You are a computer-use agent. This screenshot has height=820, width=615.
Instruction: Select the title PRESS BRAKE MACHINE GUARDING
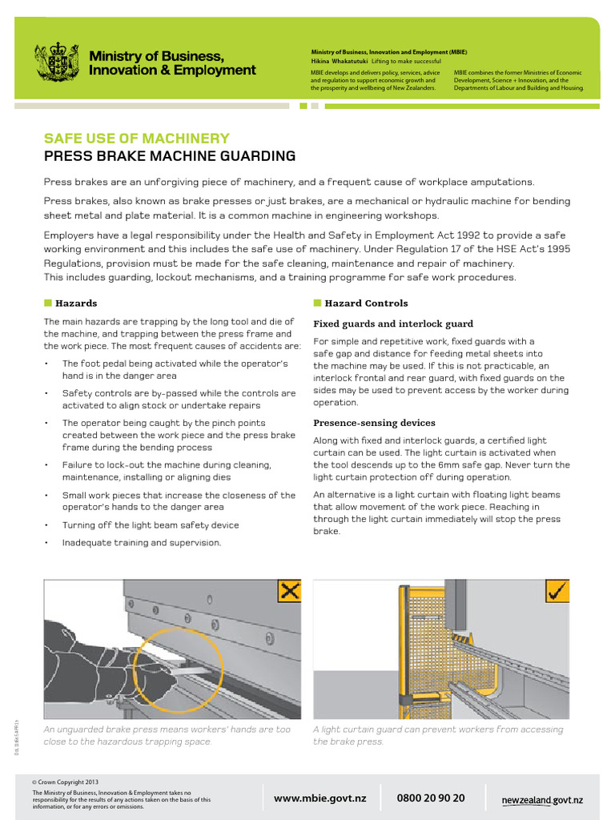click(169, 156)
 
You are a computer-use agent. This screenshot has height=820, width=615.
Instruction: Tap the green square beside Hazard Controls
click(317, 303)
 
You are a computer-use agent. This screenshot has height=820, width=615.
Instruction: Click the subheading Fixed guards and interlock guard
click(392, 324)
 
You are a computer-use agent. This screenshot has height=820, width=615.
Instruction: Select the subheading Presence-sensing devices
click(374, 423)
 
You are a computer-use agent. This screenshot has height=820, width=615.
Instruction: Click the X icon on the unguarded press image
click(289, 592)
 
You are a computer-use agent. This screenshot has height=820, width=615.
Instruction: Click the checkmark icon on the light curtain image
click(557, 592)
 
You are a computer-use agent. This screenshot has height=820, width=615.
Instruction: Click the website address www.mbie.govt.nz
click(320, 798)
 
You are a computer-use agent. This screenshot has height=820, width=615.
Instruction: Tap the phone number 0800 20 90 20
click(430, 798)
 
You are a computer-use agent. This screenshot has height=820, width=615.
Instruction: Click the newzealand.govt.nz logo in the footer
click(542, 800)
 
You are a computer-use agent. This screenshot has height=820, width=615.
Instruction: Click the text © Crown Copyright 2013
click(66, 782)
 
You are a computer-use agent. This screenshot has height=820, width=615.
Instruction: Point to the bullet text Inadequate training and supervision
click(141, 543)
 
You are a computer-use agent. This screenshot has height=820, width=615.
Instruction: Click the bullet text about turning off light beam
click(151, 525)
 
